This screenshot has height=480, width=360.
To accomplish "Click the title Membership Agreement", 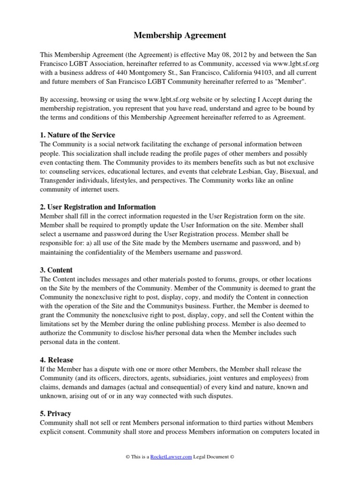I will tap(180, 35).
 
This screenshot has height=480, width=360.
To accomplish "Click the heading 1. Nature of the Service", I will tap(77, 135).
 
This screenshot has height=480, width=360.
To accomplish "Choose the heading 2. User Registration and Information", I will tap(98, 207).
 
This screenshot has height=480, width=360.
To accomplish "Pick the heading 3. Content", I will tap(57, 270).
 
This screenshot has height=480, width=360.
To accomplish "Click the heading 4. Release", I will tap(57, 360).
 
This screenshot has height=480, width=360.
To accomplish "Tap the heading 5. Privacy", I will tap(56, 414).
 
